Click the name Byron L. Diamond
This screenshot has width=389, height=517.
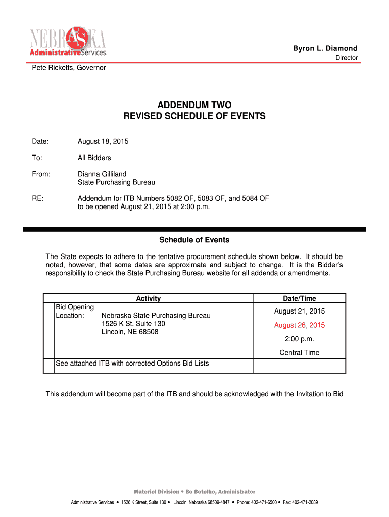tap(325, 48)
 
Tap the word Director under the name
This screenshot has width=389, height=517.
tap(347, 58)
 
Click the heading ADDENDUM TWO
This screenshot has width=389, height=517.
tap(194, 105)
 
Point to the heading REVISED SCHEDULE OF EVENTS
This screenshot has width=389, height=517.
tap(194, 116)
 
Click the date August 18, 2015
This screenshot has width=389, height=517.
tap(103, 141)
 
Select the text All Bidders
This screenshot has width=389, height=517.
tap(94, 158)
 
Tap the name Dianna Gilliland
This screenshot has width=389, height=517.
tap(102, 174)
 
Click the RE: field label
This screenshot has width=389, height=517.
tap(38, 198)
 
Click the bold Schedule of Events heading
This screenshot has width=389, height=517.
tap(194, 240)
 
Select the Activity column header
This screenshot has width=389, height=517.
tap(149, 298)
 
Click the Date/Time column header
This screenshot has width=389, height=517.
tap(300, 298)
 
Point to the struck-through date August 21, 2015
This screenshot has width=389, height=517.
tap(300, 311)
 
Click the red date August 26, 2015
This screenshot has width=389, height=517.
tap(300, 325)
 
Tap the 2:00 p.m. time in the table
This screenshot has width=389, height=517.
tap(300, 339)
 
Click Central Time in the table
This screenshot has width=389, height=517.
tap(300, 353)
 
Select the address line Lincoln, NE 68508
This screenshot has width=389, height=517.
tap(130, 332)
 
